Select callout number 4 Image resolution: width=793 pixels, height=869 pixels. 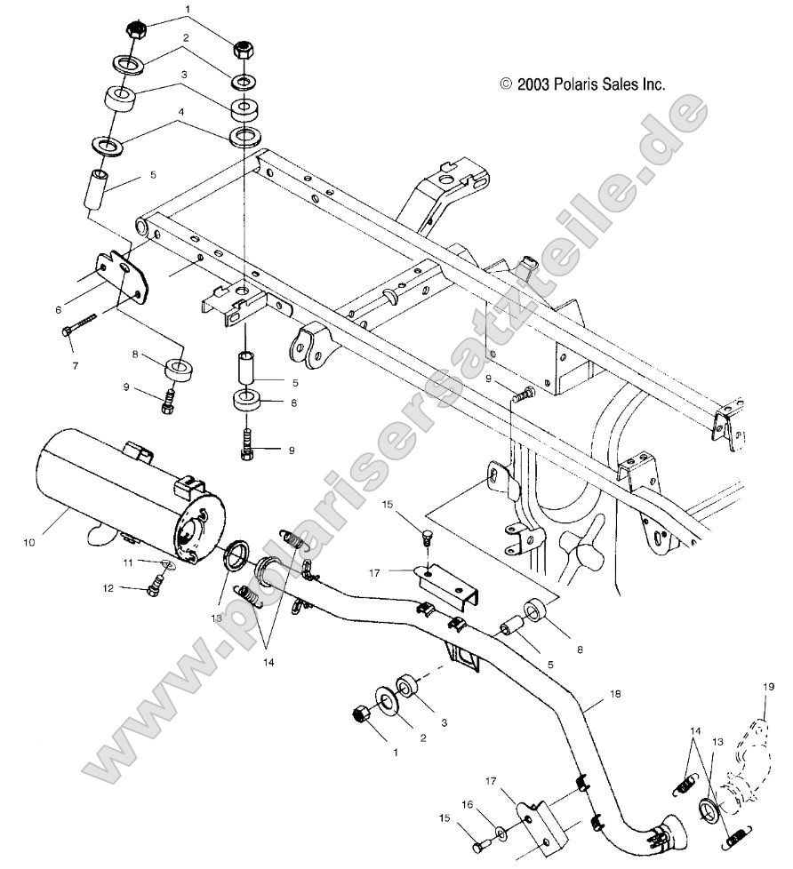[180, 112]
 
